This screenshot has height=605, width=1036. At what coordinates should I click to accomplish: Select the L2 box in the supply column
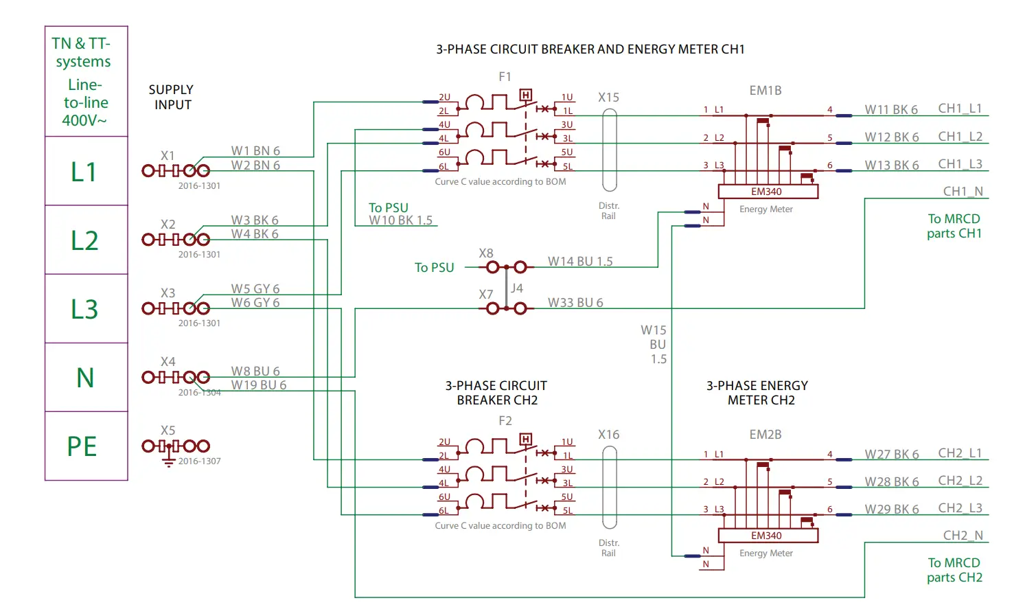click(86, 240)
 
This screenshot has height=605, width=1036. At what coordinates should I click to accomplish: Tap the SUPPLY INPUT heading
click(172, 98)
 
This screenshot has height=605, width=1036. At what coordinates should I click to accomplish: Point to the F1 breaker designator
click(505, 77)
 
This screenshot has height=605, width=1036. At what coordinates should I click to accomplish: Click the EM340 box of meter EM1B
click(768, 192)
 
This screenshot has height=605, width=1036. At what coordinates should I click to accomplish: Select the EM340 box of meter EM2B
click(768, 536)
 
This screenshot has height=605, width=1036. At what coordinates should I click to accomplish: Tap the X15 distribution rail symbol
click(609, 150)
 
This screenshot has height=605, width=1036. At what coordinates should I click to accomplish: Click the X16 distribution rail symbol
click(609, 488)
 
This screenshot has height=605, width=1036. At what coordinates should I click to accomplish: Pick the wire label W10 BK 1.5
click(401, 220)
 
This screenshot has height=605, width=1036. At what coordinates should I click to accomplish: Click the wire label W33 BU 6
click(575, 303)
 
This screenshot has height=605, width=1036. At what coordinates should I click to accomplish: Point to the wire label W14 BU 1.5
click(580, 262)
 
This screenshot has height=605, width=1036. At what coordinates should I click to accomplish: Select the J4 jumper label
click(517, 288)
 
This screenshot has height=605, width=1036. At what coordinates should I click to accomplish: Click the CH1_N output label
click(963, 192)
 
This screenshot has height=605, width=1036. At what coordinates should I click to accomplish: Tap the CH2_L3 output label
click(960, 508)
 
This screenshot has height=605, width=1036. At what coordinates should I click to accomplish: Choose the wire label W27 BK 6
click(891, 455)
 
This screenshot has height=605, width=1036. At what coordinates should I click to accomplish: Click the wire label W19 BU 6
click(259, 385)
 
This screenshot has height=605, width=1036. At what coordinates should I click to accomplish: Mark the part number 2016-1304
click(200, 393)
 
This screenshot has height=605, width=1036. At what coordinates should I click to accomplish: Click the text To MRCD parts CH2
click(954, 570)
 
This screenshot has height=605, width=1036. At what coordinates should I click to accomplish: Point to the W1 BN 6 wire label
click(255, 151)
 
